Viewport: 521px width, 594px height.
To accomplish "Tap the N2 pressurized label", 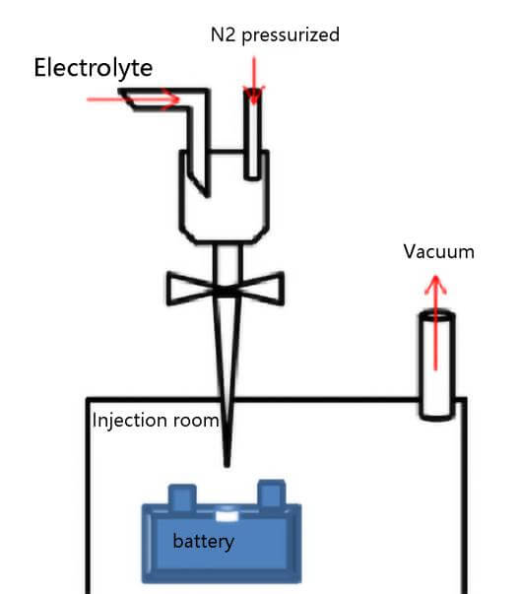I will (x=275, y=34).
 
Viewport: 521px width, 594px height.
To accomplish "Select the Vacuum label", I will (x=438, y=252).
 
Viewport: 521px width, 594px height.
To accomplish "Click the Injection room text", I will (x=155, y=421).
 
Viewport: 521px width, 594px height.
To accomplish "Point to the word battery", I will (x=203, y=541).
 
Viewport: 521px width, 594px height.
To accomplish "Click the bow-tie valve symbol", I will (x=227, y=290).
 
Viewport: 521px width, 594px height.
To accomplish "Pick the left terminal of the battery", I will (x=182, y=494).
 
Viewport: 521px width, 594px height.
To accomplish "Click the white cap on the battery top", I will (x=226, y=513).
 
